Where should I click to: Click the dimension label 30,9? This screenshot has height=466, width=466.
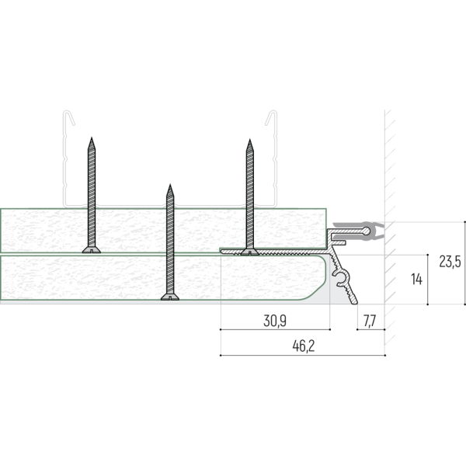point(275,321)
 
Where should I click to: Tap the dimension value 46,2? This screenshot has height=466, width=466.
point(303,346)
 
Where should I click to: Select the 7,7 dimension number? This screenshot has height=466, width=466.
point(370,321)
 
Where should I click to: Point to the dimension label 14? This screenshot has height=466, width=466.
point(416,280)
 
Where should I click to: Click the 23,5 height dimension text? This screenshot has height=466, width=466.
point(450,262)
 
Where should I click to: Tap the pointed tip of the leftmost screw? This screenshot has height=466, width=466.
point(92,137)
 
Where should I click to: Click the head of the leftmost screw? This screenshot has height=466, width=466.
point(92,249)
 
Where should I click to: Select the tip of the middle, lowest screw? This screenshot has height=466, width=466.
point(170,185)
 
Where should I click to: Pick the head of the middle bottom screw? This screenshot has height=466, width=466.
point(170,297)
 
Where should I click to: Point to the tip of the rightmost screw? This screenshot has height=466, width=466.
point(250,140)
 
